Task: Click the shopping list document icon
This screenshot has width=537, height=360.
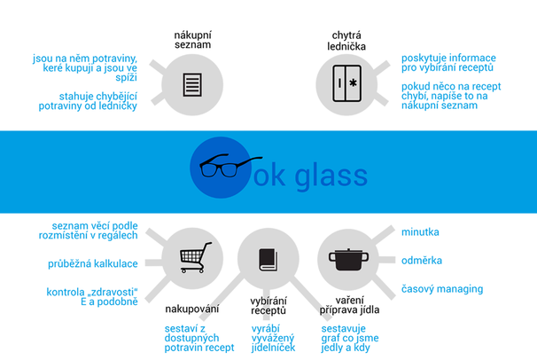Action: [192, 84]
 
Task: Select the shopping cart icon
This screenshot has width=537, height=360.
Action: [195, 257]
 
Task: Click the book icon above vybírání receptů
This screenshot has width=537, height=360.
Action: [268, 260]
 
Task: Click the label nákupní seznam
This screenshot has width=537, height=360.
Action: [192, 40]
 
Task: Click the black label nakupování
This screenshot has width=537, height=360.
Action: [192, 309]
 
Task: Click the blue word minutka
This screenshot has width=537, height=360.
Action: [420, 232]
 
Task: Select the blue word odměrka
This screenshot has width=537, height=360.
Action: [422, 261]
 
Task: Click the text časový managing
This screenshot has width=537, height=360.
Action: [441, 288]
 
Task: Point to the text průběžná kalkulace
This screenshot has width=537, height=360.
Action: [92, 264]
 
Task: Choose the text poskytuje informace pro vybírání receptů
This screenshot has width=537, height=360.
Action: [447, 62]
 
